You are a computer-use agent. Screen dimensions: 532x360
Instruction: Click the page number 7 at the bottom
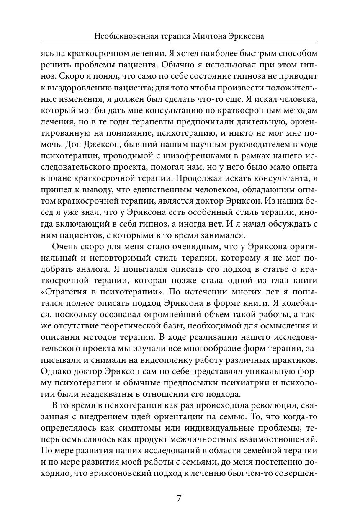[179, 498]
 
